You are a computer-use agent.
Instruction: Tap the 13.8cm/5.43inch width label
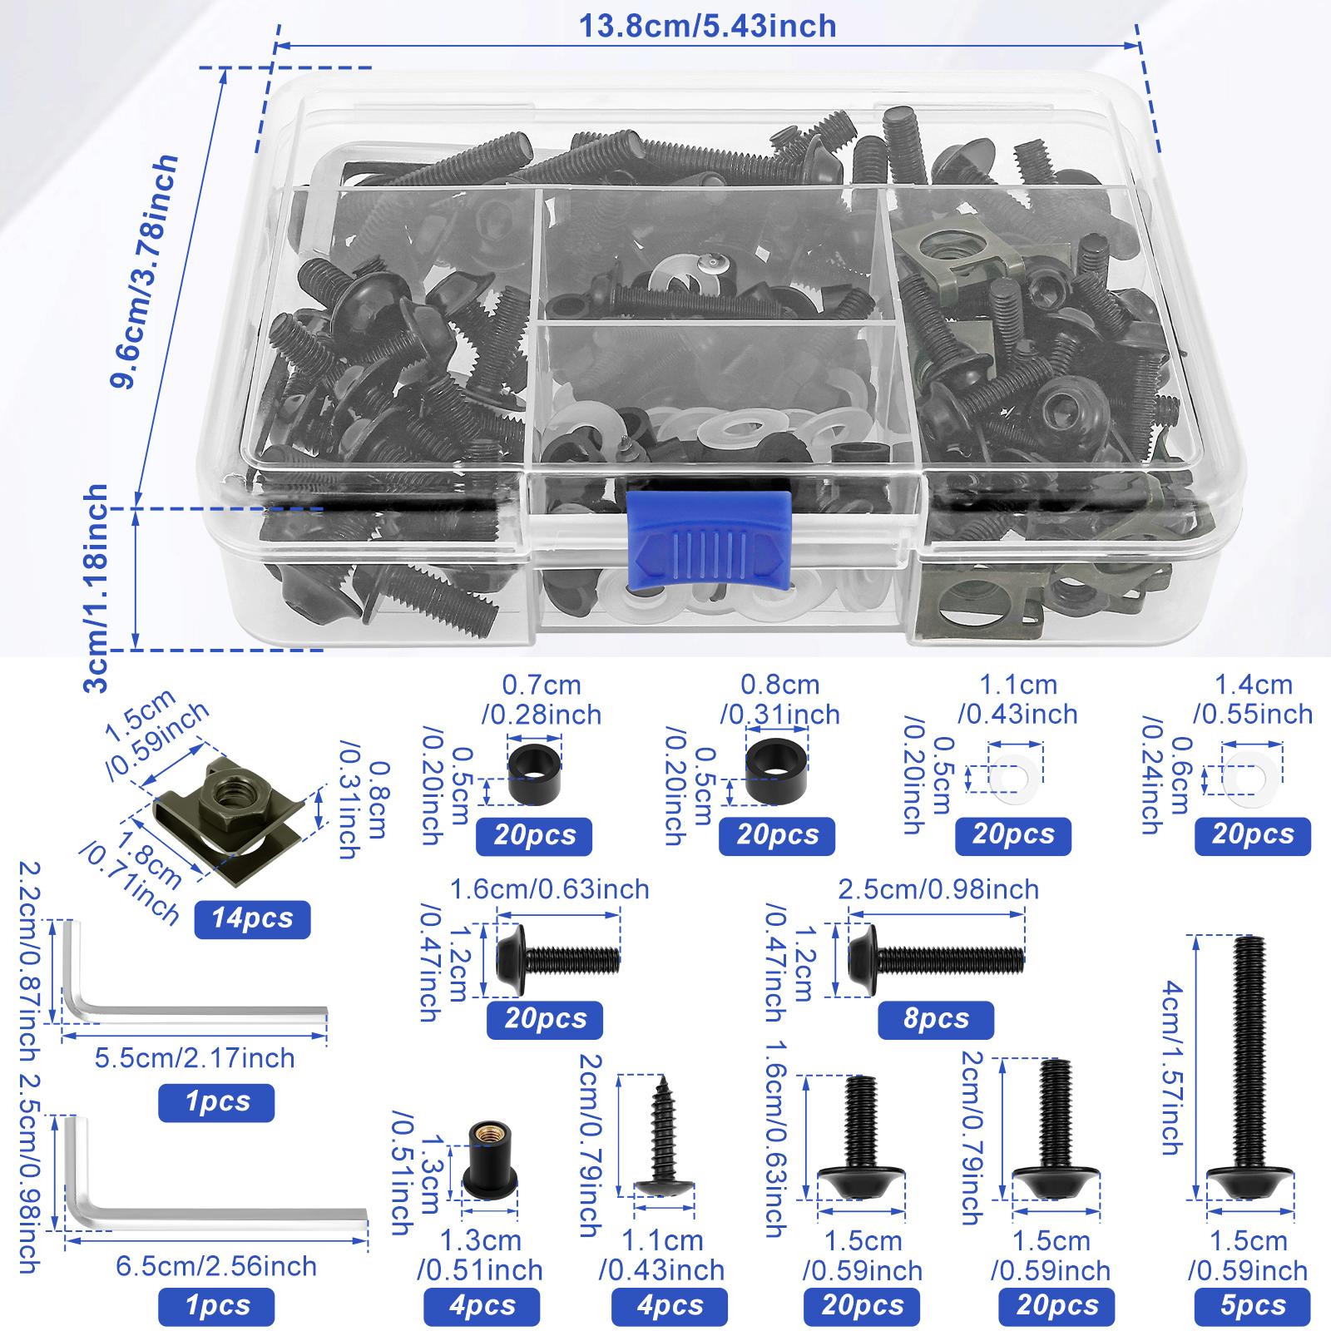pos(707,27)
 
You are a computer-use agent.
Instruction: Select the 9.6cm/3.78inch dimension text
pos(146,271)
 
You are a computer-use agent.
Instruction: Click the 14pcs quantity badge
pos(251,920)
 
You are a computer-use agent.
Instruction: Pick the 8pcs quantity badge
pos(936,1019)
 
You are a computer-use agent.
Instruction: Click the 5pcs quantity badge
pos(1253,1305)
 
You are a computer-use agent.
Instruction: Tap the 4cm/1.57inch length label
pos(1171,1069)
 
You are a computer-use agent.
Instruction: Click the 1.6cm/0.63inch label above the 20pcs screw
pos(549,889)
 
